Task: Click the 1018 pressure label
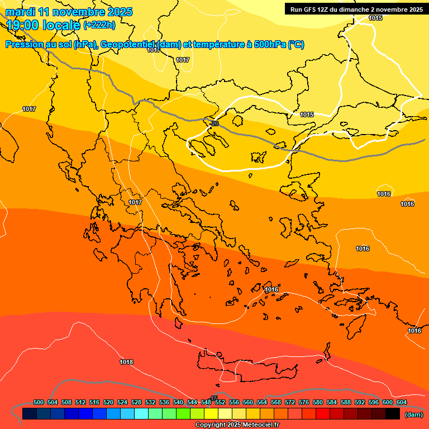tap(126, 362)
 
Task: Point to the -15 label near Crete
tap(214, 398)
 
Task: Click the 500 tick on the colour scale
tap(39, 403)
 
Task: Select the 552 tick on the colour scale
tap(220, 403)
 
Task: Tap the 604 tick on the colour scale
tap(402, 403)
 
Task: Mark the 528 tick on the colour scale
tap(136, 403)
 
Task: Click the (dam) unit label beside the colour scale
tap(413, 414)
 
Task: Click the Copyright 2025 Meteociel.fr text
tap(237, 425)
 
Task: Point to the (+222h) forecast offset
tap(99, 25)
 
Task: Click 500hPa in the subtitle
tap(270, 45)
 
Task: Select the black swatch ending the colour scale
tap(392, 414)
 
